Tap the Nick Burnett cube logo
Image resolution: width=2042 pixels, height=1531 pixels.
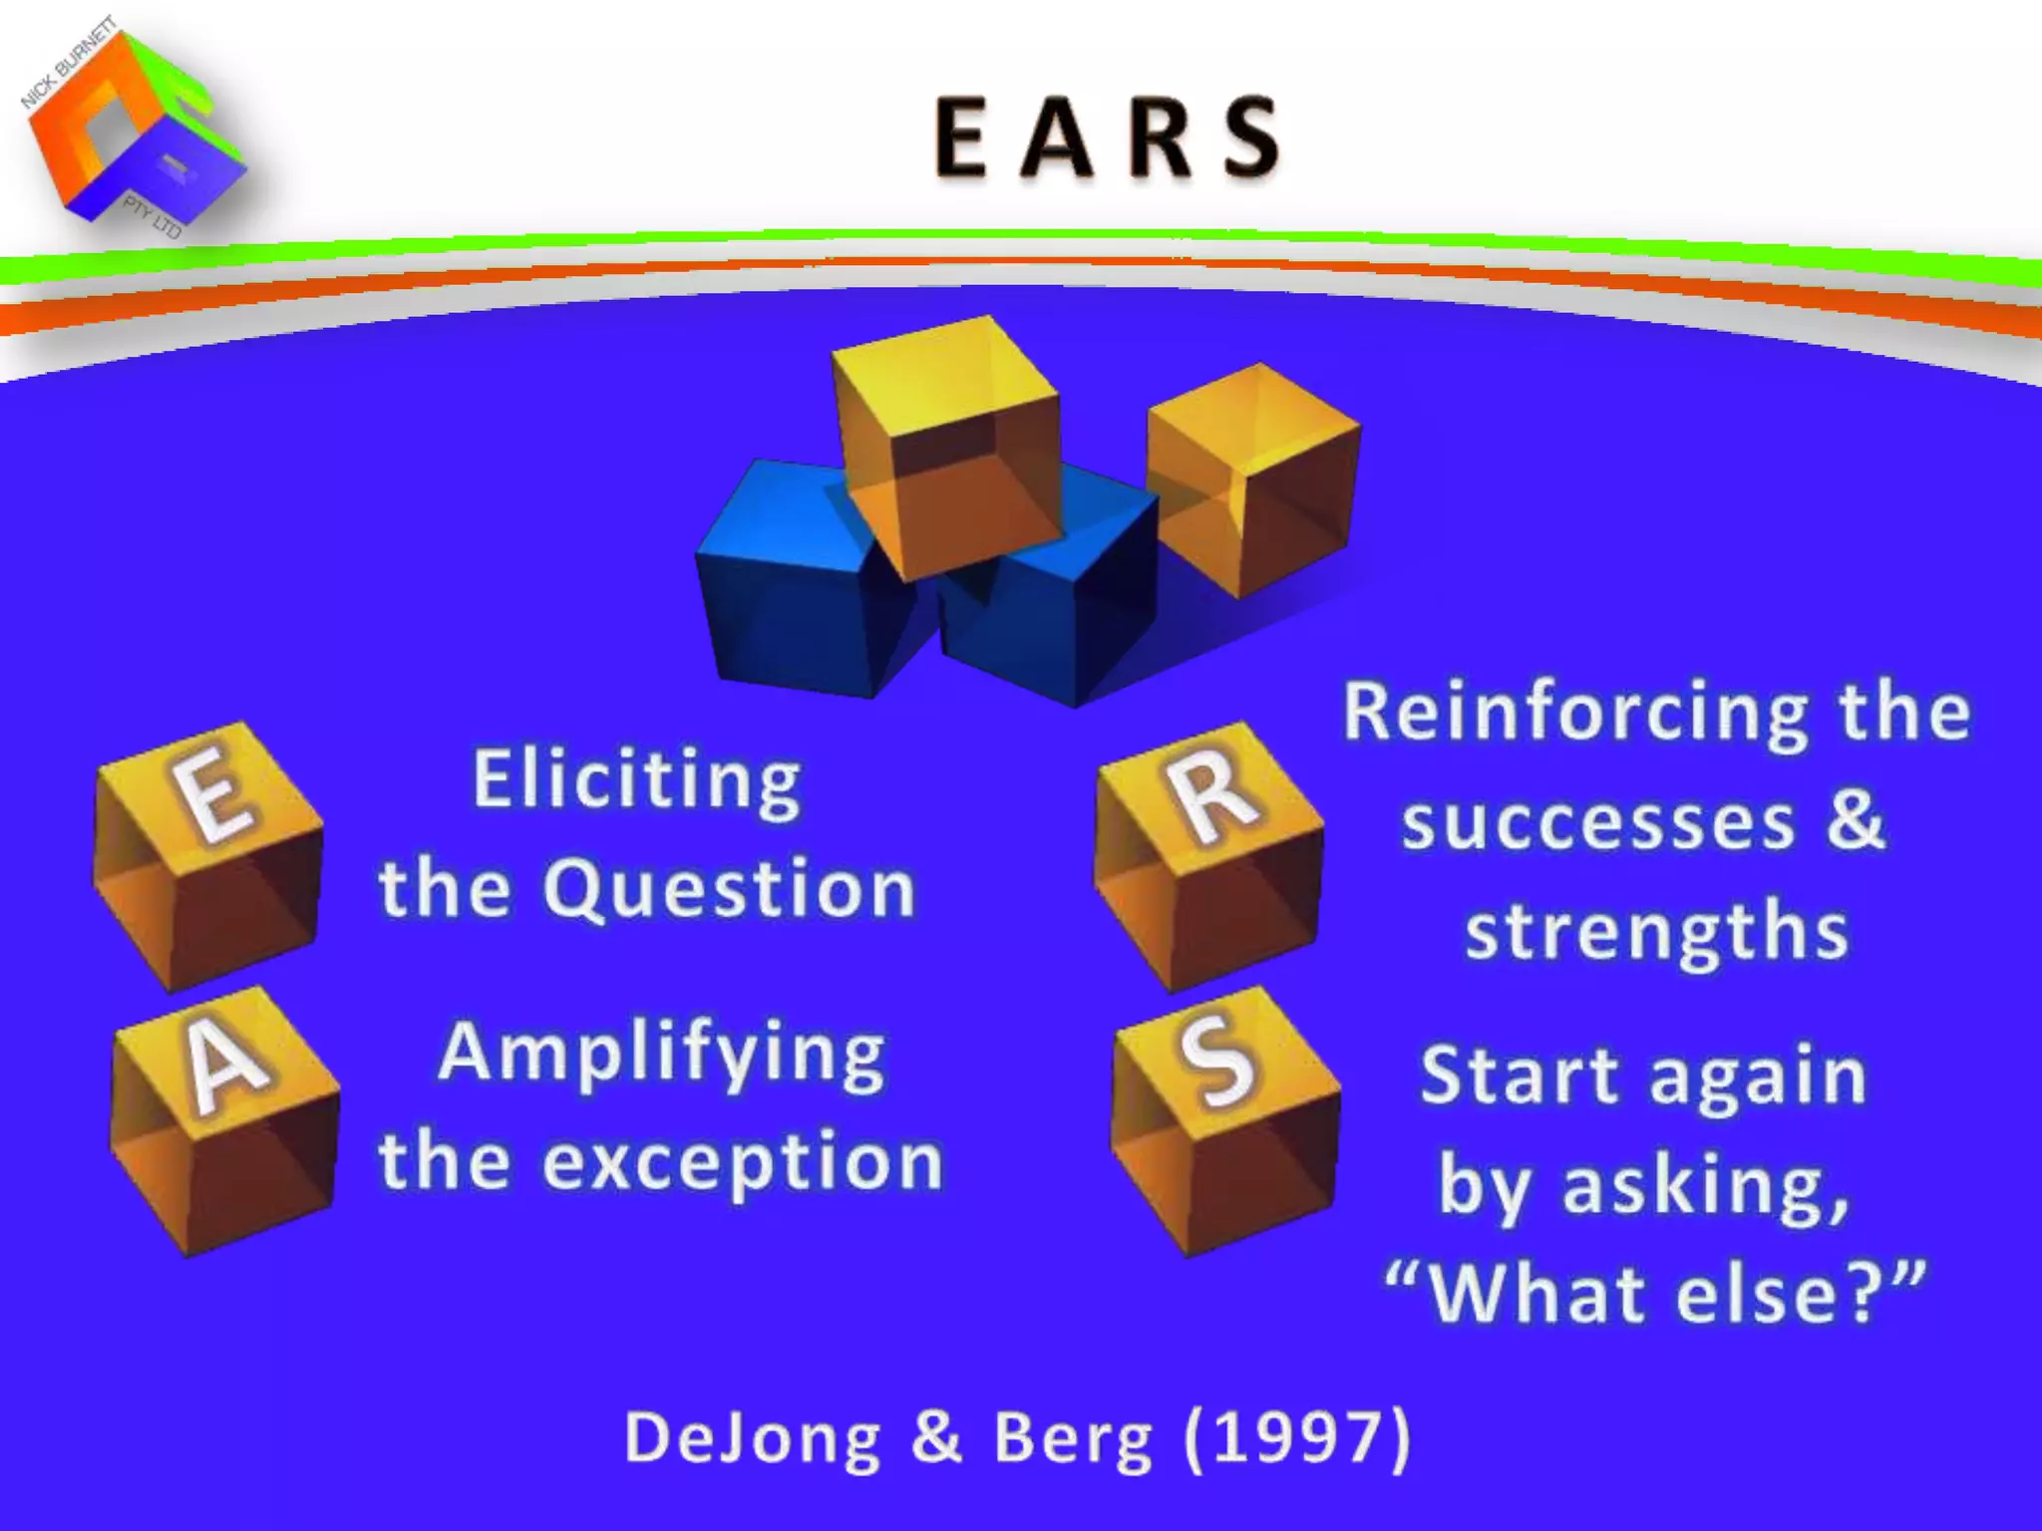pos(135,130)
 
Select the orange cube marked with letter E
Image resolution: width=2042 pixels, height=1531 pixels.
pos(209,857)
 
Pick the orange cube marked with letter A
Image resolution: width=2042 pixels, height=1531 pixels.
pos(225,1121)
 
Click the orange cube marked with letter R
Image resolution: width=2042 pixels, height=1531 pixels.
pos(1209,857)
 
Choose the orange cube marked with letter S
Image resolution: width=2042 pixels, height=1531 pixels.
pos(1225,1121)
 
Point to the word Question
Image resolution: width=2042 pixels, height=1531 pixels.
pos(729,888)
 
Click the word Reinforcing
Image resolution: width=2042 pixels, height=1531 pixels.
pos(1575,714)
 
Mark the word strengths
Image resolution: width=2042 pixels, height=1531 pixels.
pos(1656,931)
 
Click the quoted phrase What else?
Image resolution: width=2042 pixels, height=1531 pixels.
pos(1655,1294)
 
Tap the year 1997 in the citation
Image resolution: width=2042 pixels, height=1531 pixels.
pos(1297,1438)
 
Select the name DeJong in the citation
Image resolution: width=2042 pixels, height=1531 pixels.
pos(753,1438)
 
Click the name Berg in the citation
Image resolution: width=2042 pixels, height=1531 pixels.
pos(1073,1438)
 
